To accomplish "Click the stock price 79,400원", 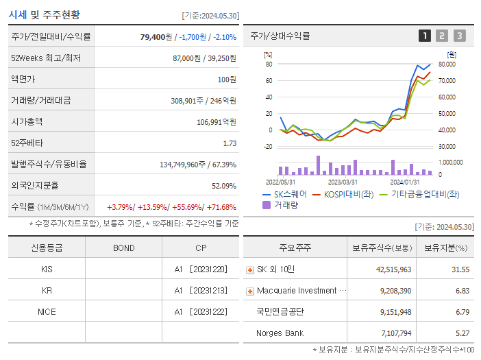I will tap(157, 37).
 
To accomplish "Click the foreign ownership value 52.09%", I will tap(223, 186).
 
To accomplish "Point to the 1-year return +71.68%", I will tap(221, 207).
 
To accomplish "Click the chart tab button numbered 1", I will tap(425, 36).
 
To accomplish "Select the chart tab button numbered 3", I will tap(459, 36).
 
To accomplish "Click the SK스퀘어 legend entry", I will tap(285, 195).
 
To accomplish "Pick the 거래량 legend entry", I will tap(282, 205).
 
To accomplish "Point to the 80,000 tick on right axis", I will tap(447, 64).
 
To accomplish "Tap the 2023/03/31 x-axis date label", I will tap(343, 182).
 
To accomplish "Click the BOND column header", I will tap(123, 248).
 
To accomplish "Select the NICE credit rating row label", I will tap(47, 311).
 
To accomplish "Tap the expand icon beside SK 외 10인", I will tap(250, 270).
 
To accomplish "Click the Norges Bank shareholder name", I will tap(280, 333).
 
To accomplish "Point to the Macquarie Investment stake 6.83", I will tap(463, 291).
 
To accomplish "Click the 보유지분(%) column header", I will tap(445, 248).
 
